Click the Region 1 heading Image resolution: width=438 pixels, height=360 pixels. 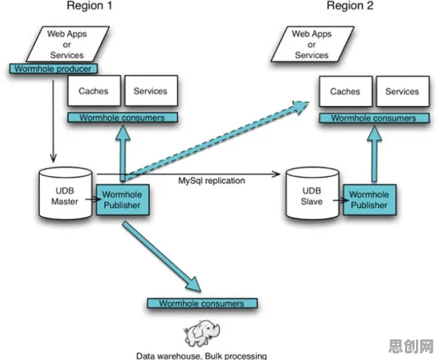pyautogui.click(x=90, y=6)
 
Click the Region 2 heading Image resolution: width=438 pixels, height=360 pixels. pyautogui.click(x=350, y=6)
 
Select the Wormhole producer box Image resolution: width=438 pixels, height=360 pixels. pyautogui.click(x=54, y=69)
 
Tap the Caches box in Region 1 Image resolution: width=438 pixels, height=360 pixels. pyautogui.click(x=94, y=91)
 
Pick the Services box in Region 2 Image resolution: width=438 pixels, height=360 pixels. pyautogui.click(x=403, y=91)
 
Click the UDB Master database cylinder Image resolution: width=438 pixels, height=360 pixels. pyautogui.click(x=65, y=193)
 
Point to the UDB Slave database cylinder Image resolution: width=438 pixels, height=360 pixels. pyautogui.click(x=312, y=193)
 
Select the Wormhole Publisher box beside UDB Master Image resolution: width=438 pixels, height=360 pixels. pyautogui.click(x=122, y=200)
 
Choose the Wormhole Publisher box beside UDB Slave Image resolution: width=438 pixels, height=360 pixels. pyautogui.click(x=369, y=200)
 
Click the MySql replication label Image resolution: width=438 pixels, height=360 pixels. pyautogui.click(x=212, y=181)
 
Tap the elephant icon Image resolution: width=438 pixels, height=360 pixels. pyautogui.click(x=201, y=334)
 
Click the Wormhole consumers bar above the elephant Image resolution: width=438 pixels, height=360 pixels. pyautogui.click(x=202, y=303)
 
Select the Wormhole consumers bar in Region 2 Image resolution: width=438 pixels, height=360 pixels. pyautogui.click(x=374, y=118)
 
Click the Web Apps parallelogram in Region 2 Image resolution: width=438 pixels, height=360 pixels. pyautogui.click(x=312, y=44)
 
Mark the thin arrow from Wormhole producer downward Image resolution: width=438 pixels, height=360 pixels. pyautogui.click(x=53, y=121)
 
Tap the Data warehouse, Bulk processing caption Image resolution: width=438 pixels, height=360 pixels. pyautogui.click(x=201, y=356)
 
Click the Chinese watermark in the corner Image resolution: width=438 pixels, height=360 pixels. pyautogui.click(x=411, y=346)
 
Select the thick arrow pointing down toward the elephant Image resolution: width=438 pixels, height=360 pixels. pyautogui.click(x=162, y=257)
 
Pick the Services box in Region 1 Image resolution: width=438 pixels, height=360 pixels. pyautogui.click(x=151, y=91)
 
